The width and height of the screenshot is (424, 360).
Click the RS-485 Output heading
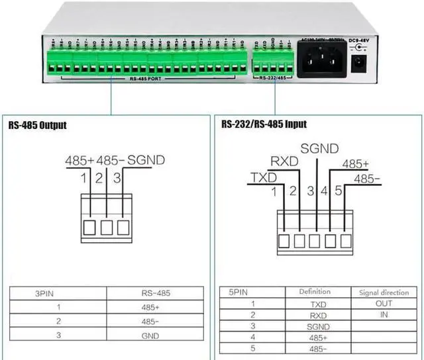(38, 124)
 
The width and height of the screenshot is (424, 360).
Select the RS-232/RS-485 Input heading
(264, 124)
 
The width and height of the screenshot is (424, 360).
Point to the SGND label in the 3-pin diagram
(146, 160)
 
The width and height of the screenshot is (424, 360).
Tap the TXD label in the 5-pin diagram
(261, 177)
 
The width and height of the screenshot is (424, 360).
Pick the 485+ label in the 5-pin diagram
(355, 163)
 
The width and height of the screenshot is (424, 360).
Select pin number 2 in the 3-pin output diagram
(99, 177)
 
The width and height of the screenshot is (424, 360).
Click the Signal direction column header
(384, 292)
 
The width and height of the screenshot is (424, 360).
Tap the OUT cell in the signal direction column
(384, 304)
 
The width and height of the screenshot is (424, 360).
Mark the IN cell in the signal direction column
(384, 315)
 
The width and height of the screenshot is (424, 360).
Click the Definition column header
(314, 292)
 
